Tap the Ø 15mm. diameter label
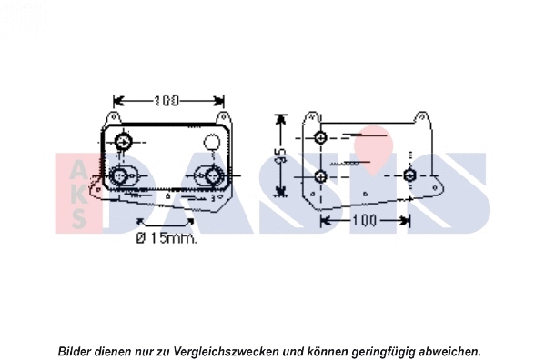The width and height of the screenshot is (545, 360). [x=167, y=239]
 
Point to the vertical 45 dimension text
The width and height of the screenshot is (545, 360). [x=281, y=155]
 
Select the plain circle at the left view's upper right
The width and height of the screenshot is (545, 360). [x=211, y=142]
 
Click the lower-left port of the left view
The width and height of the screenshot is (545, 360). [x=120, y=175]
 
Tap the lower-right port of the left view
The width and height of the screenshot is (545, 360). [x=214, y=175]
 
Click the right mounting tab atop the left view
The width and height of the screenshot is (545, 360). [x=220, y=117]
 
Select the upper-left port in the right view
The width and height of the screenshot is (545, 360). [x=320, y=138]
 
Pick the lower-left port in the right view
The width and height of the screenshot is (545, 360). [x=320, y=175]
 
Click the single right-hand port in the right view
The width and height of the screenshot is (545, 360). [x=410, y=175]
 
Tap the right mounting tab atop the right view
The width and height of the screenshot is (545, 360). [x=421, y=119]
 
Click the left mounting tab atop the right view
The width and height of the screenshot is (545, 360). [x=312, y=119]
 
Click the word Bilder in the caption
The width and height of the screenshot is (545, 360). [x=76, y=351]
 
